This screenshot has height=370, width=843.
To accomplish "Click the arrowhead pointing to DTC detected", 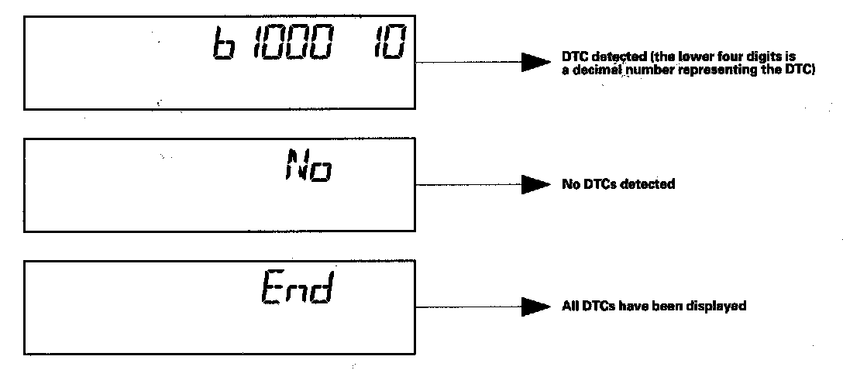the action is point(535,63).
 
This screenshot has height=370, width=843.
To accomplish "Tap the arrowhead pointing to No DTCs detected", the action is point(535,184).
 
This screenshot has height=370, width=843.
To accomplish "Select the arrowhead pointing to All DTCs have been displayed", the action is point(535,307).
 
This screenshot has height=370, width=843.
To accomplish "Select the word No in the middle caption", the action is point(570,184).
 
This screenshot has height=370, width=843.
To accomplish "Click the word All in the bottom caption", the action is point(569,307).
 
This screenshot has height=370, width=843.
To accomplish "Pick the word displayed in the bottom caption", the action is point(720,307).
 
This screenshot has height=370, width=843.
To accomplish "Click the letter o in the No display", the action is point(321,168).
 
